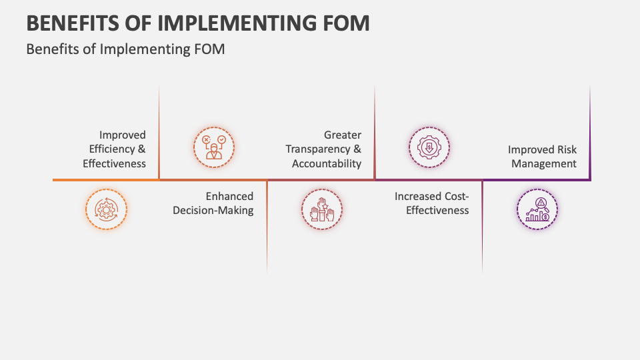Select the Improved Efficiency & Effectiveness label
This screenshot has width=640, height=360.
[114, 149]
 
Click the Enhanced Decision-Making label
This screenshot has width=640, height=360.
[213, 203]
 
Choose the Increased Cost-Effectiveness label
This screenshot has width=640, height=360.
[431, 203]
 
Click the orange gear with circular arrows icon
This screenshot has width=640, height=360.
[106, 209]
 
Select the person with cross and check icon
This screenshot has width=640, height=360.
[214, 147]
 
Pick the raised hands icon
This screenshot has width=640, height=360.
[322, 209]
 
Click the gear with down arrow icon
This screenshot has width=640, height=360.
[429, 147]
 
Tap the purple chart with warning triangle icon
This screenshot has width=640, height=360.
[537, 209]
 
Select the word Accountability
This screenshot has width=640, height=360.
[327, 163]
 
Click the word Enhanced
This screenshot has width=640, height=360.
[229, 197]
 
